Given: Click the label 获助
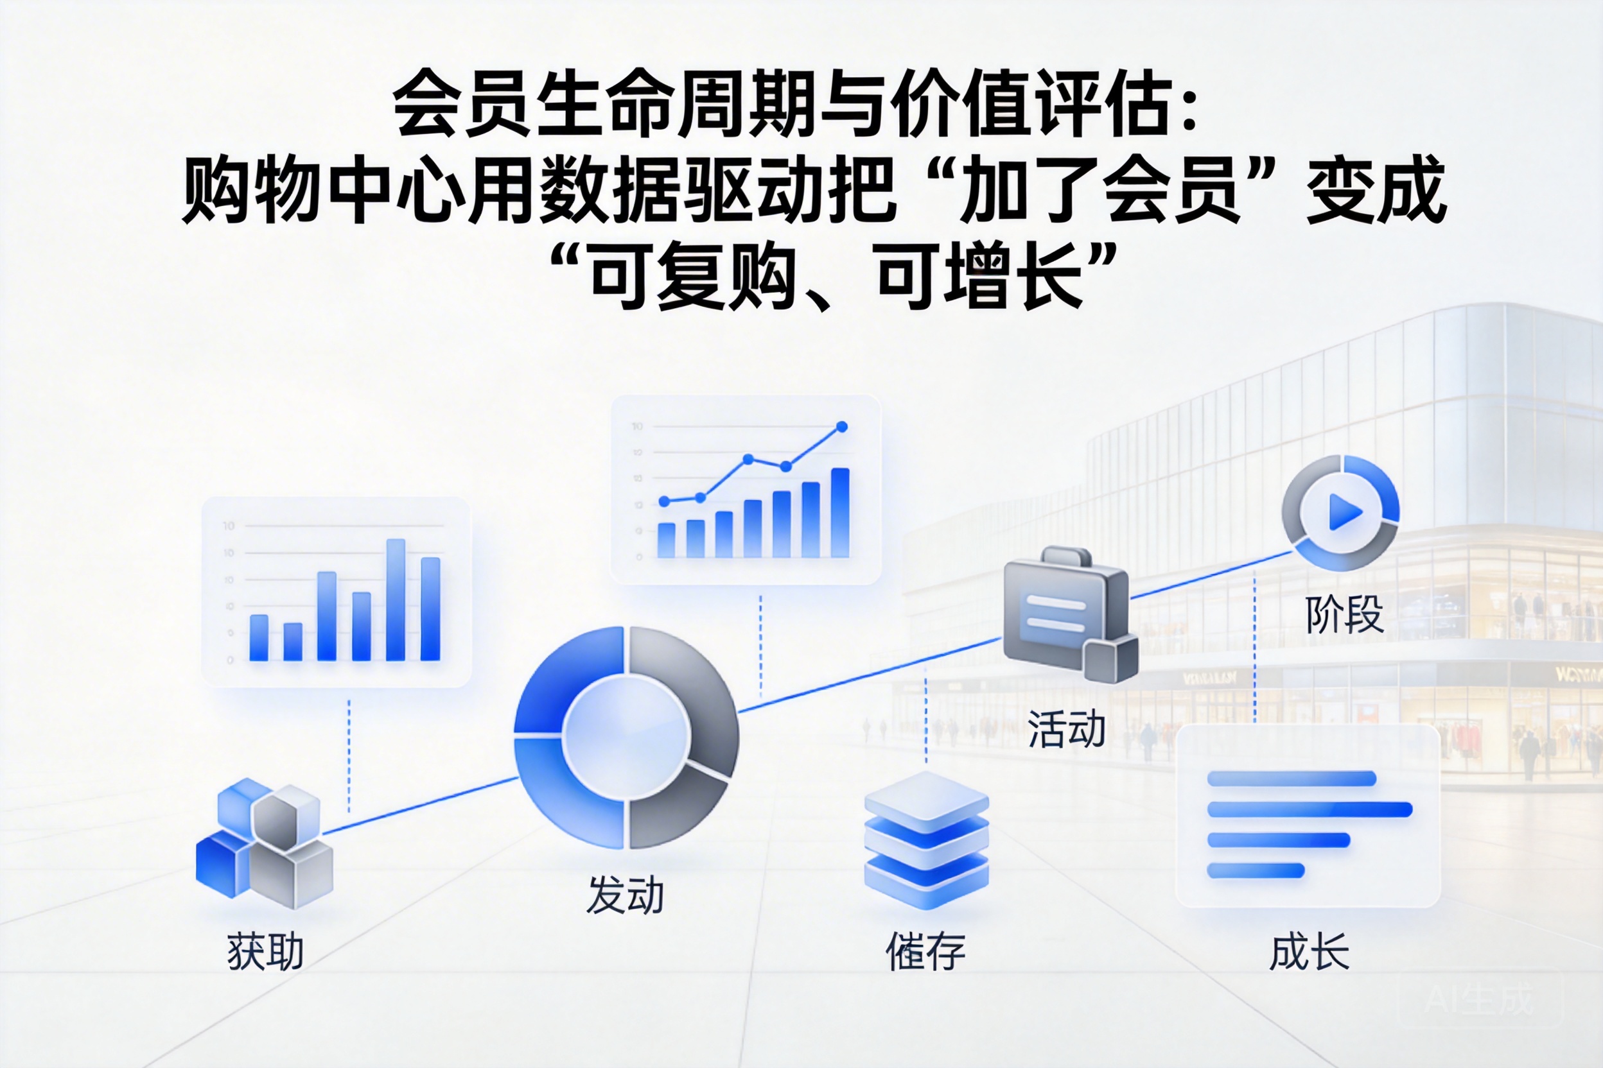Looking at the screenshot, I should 265,952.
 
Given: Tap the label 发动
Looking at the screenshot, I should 625,895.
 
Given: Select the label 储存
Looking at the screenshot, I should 925,952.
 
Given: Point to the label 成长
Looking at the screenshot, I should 1310,952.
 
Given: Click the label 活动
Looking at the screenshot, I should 1067,729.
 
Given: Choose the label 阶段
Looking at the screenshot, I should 1344,614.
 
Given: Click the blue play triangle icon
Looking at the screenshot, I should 1345,512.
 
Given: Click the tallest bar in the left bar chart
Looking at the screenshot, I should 396,599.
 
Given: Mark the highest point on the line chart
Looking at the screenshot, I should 842,426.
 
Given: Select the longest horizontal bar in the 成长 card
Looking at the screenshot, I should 1310,809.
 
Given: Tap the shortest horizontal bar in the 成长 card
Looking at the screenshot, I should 1256,870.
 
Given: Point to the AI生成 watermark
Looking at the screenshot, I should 1479,1000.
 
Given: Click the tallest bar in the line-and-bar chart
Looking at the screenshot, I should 840,512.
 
